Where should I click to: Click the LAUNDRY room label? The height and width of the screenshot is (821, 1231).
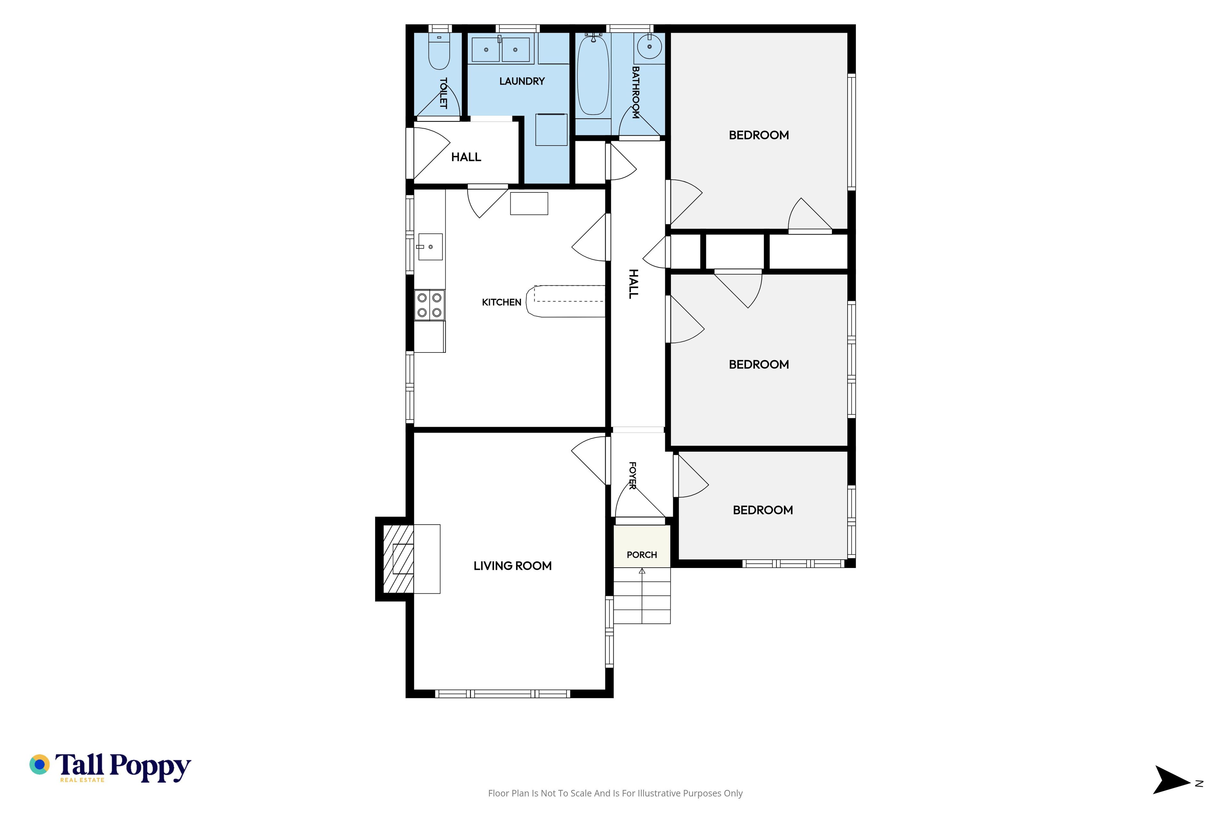click(x=522, y=81)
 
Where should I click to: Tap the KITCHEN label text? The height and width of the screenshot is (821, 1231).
click(x=501, y=302)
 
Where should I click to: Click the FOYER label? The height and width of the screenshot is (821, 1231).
click(x=632, y=475)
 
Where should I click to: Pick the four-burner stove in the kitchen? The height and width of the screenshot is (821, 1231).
click(x=430, y=305)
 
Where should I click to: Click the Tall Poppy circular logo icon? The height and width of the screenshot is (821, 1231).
click(x=39, y=765)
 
